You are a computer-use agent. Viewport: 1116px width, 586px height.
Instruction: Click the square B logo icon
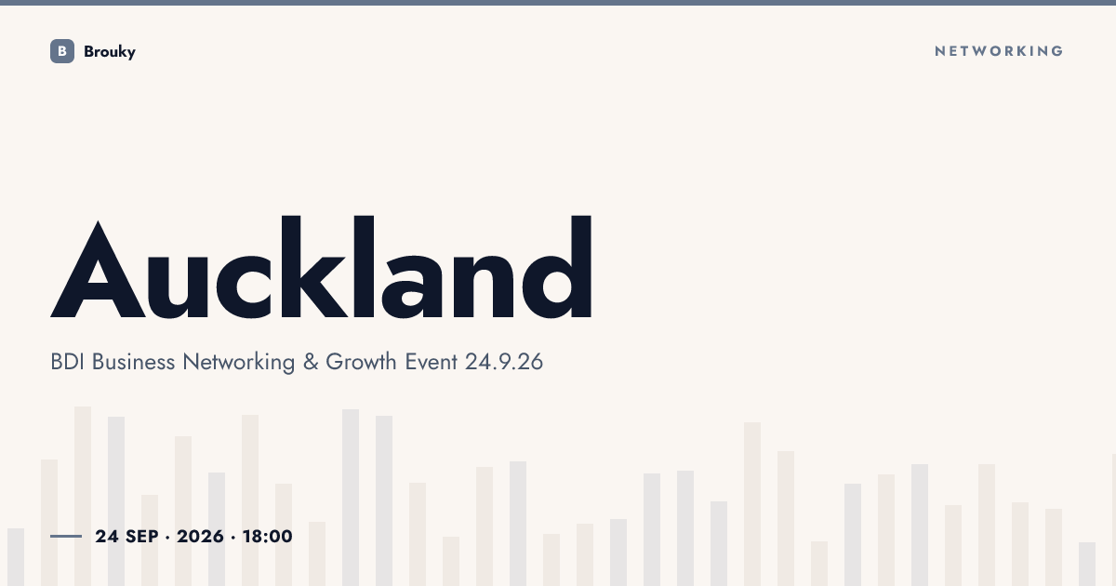coord(62,51)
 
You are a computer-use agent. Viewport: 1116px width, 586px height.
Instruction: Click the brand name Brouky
coord(110,52)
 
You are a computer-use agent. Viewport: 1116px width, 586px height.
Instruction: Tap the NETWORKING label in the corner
coord(999,51)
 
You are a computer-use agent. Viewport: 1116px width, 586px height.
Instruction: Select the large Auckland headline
coord(322,267)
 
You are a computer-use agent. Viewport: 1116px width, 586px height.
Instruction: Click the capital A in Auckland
coord(99,269)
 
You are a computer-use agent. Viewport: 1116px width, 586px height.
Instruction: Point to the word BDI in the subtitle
coord(67,362)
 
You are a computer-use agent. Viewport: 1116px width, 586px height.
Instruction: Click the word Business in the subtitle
coord(134,362)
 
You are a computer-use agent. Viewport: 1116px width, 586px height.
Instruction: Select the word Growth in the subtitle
coord(361,362)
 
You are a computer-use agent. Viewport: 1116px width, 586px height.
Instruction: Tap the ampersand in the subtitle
coord(311,362)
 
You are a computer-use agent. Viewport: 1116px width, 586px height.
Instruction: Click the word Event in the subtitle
coord(431,362)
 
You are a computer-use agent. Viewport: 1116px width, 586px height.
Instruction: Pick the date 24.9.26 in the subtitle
coord(504,362)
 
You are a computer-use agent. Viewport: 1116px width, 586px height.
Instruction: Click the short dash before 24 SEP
coord(66,536)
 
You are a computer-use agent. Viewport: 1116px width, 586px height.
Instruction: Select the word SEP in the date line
coord(142,537)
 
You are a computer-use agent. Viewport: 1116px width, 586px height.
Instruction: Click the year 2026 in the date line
coord(200,537)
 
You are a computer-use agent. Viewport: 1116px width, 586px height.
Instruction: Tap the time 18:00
coord(268,537)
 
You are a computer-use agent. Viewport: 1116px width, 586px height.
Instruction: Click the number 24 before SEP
coord(107,537)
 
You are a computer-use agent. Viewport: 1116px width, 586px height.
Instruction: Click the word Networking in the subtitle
coord(239,363)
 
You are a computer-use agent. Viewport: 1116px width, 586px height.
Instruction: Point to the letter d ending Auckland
coord(557,267)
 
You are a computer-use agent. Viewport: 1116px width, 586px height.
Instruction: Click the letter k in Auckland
coord(315,267)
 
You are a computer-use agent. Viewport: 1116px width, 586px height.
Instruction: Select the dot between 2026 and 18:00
coord(233,538)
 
